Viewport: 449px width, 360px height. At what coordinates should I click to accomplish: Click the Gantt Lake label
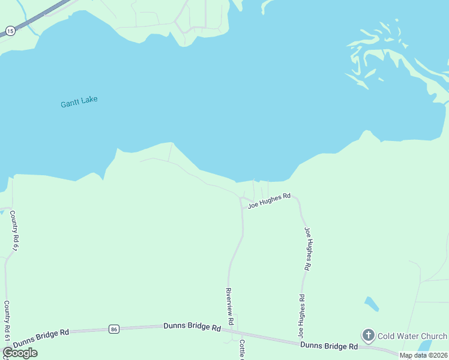(x=79, y=103)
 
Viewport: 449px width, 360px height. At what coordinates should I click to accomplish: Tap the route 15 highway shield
(x=10, y=30)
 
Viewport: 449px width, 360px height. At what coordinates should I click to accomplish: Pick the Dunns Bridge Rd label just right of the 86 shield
(x=191, y=327)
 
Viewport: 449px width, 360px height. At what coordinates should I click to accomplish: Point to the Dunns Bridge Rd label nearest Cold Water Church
(x=329, y=346)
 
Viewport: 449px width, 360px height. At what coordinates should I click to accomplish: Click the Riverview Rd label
(x=229, y=302)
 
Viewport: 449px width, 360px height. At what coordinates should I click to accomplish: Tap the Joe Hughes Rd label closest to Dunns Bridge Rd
(x=300, y=315)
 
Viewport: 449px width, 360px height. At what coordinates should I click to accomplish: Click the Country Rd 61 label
(x=7, y=322)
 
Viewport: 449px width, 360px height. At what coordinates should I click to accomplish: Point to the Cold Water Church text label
(x=412, y=336)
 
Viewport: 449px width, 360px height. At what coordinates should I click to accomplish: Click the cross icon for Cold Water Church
(x=368, y=335)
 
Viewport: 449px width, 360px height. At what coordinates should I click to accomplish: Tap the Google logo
(x=20, y=353)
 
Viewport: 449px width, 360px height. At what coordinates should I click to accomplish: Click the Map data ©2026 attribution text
(x=424, y=355)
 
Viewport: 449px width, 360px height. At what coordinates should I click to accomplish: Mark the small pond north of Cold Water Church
(x=372, y=304)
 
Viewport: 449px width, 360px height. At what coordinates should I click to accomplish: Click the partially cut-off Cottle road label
(x=243, y=350)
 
